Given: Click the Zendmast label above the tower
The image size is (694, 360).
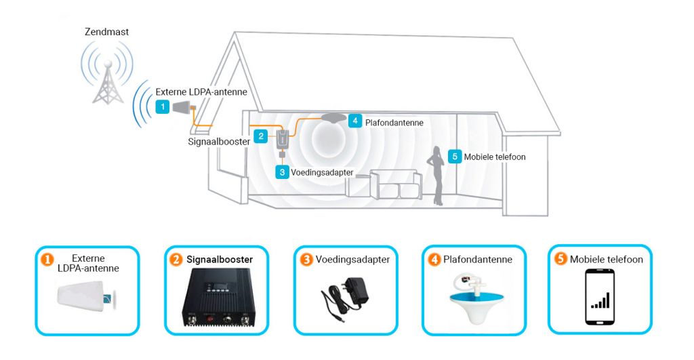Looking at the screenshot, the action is (106, 32).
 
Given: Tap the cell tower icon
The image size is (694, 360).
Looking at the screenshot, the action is (108, 82).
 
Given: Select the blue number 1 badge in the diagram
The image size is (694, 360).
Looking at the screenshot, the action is (163, 106).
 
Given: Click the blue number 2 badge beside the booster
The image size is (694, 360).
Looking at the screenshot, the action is (261, 136).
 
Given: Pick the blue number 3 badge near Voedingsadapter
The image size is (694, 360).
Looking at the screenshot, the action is (282, 172).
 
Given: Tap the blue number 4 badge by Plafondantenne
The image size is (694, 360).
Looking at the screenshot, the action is (355, 121).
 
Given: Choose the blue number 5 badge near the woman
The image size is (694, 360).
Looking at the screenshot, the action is (455, 157).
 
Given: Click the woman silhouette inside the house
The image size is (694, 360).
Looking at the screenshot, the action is (436, 176).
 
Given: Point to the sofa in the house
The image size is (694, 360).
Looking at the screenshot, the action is (384, 184).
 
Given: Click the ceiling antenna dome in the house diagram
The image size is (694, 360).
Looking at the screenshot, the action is (333, 118).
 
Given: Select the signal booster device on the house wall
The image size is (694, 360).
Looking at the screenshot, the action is (283, 138).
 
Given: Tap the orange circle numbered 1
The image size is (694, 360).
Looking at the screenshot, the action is (47, 260).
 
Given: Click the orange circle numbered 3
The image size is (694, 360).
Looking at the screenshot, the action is (306, 260).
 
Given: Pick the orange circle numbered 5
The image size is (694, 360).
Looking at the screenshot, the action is (560, 258).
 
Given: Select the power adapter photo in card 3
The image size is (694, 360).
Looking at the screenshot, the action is (345, 297).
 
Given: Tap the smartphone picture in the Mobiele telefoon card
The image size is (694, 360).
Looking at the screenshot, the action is (600, 297).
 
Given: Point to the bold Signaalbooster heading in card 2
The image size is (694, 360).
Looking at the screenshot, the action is (220, 260).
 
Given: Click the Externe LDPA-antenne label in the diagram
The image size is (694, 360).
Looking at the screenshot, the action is (201, 92).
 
